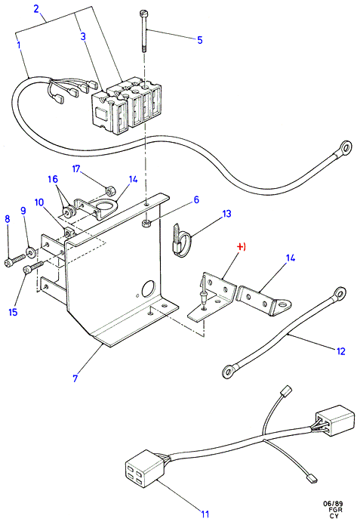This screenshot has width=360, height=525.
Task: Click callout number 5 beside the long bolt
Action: [x=200, y=40]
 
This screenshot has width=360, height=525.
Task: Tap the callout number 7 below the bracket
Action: [x=75, y=378]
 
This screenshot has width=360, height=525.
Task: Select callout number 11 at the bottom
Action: [x=205, y=513]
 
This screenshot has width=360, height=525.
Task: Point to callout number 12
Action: [x=340, y=351]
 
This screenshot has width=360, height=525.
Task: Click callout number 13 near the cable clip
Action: [x=226, y=214]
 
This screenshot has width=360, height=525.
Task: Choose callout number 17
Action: [x=76, y=168]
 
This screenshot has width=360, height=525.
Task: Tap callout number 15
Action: [x=13, y=312]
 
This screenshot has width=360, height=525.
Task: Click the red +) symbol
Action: [x=242, y=247]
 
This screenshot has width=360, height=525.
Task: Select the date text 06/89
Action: [x=333, y=504]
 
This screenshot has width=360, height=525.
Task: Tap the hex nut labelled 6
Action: [x=146, y=224]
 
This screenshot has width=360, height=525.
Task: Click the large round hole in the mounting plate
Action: [x=149, y=289]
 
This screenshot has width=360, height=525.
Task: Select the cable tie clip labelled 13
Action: [x=181, y=241]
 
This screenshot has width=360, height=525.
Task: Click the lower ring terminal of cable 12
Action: [x=229, y=372]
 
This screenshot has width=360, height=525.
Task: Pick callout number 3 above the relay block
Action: [x=83, y=36]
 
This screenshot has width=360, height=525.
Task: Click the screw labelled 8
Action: [x=15, y=260]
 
